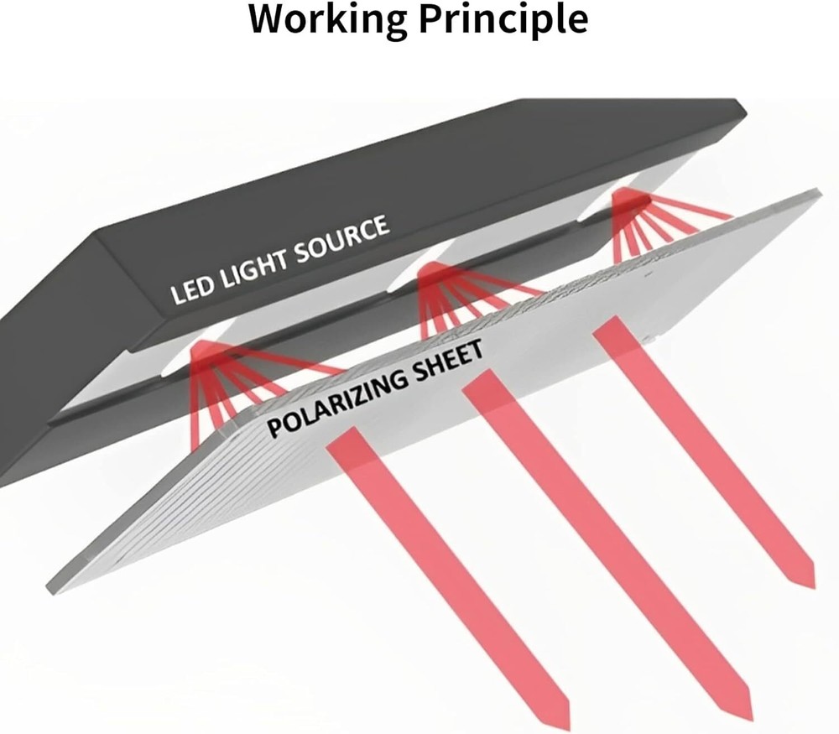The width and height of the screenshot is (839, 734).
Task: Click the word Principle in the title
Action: click(503, 20)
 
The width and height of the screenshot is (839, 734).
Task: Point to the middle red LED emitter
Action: click(435, 272)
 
